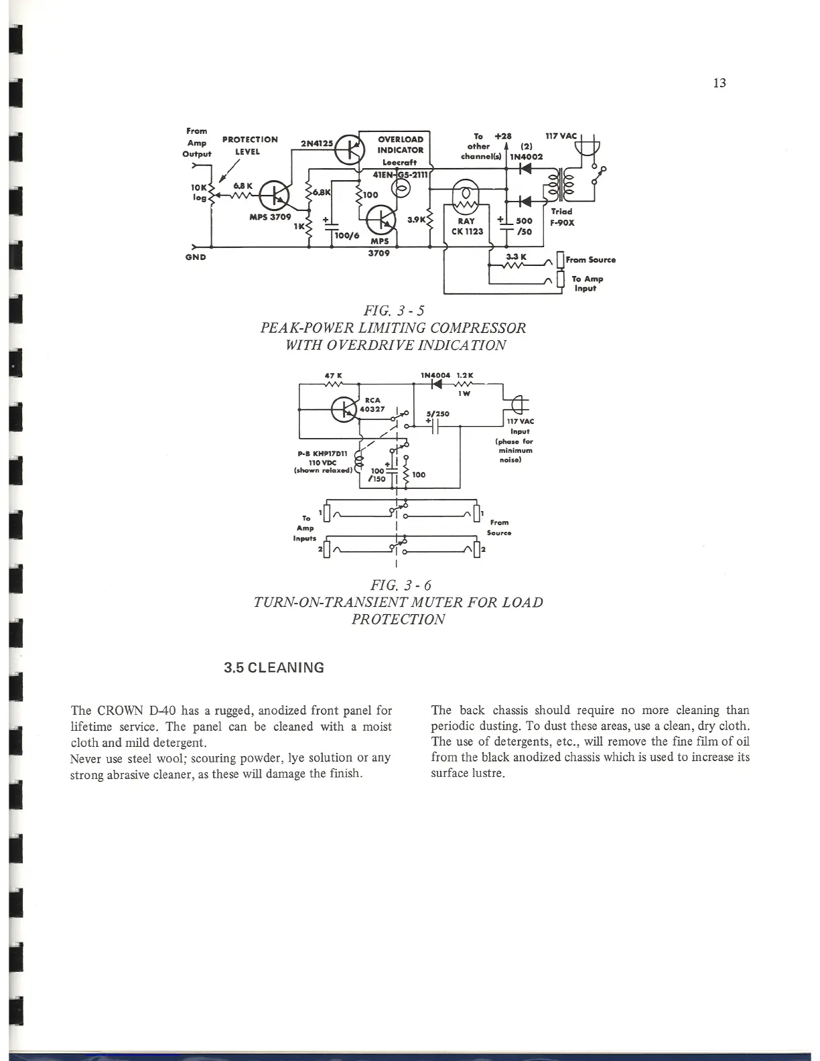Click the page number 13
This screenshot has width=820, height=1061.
coord(720,83)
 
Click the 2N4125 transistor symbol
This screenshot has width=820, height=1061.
coord(348,149)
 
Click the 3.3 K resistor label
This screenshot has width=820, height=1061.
coord(517,257)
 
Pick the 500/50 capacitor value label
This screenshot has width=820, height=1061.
coord(525,226)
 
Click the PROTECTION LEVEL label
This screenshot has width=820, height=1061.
coord(250,145)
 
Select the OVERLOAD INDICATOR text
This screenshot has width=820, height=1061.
coord(400,145)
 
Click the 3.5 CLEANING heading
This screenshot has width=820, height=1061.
coord(274,668)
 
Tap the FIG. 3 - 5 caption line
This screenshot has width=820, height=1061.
coord(393,311)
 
